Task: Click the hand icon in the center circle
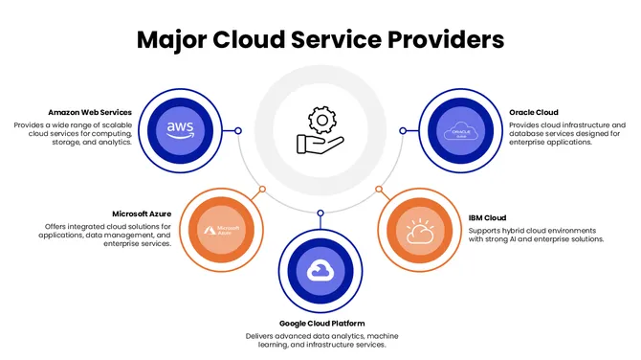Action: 318,145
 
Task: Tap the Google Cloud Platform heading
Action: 321,324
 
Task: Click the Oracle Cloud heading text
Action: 534,112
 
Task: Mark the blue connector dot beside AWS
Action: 238,130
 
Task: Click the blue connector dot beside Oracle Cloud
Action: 403,130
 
